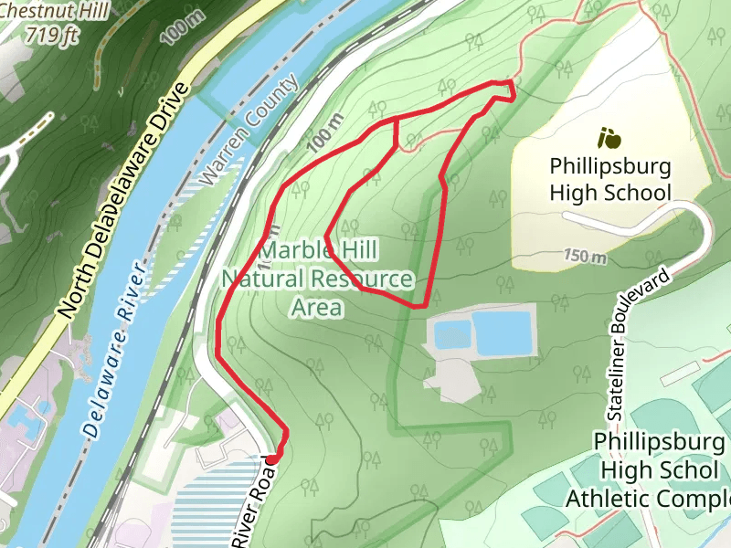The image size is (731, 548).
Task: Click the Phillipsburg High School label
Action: [610, 180]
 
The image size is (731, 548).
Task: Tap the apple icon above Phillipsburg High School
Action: [609, 139]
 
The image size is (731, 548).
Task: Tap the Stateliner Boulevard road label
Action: [639, 345]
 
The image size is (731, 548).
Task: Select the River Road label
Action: [253, 502]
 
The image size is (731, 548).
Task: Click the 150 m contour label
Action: [585, 256]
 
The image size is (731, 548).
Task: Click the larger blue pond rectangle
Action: [501, 332]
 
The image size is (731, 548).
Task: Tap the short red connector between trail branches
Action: [395, 133]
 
